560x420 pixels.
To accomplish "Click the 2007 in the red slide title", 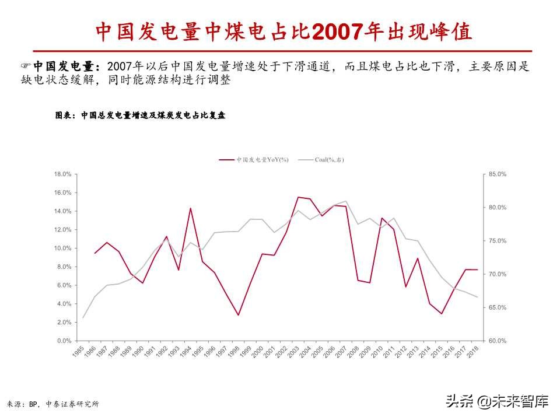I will tap(337, 32).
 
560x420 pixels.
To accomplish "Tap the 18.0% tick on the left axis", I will tap(62, 174).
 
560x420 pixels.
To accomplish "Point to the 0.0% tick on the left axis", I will tap(64, 341).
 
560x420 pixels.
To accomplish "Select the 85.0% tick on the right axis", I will tap(498, 174).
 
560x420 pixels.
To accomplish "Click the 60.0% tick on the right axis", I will tap(498, 341).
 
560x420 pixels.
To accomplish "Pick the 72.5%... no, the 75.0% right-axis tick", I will tap(498, 241).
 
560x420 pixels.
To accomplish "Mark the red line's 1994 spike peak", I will tap(190, 208).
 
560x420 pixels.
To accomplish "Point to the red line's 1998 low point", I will tap(238, 315).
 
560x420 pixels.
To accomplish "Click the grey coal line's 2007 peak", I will tap(346, 201).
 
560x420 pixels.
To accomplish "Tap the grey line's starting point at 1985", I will tap(83, 317).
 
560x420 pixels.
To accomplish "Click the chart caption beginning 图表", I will tap(140, 116).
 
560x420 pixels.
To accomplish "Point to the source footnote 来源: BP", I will tap(52, 404).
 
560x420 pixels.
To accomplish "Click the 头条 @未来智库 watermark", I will tap(496, 401).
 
